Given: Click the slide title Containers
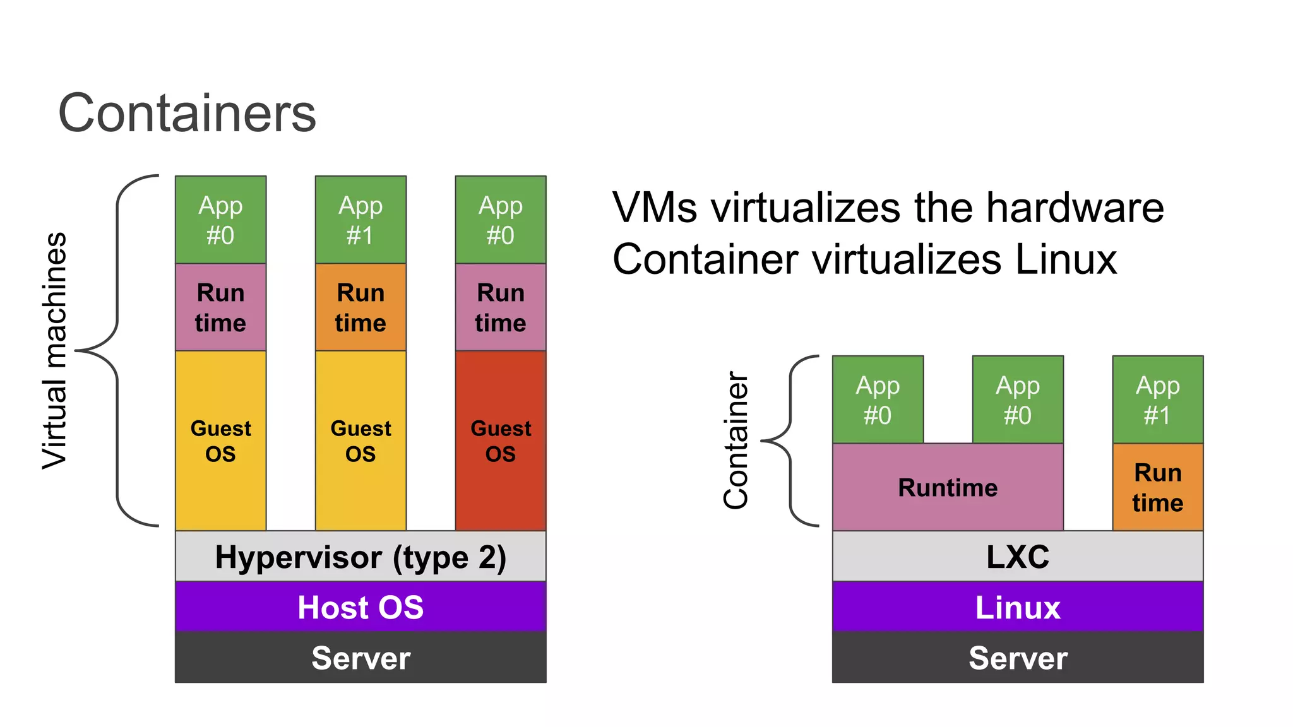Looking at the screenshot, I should tap(187, 113).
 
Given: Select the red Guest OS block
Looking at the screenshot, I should tap(501, 440).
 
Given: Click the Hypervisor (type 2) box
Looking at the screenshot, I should tap(360, 557).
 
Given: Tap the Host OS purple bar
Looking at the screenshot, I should tap(360, 607).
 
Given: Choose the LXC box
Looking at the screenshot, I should tap(1018, 557).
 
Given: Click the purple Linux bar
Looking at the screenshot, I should tap(1018, 607).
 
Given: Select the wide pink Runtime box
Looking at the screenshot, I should tap(948, 487).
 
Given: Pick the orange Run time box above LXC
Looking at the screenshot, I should tap(1157, 487).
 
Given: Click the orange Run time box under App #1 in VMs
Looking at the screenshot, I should tap(360, 307).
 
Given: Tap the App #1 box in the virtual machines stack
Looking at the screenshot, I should tap(360, 220).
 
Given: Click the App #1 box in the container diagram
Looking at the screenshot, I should tap(1157, 399).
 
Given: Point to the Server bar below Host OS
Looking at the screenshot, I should tap(360, 658).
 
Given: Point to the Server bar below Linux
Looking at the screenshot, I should tap(1018, 658).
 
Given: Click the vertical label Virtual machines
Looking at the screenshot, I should tap(54, 350).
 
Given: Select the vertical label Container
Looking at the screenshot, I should tap(736, 440).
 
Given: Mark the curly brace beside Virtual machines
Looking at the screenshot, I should tap(117, 350).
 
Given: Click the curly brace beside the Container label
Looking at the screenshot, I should tap(791, 440).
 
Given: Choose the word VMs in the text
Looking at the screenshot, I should tap(655, 208).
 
